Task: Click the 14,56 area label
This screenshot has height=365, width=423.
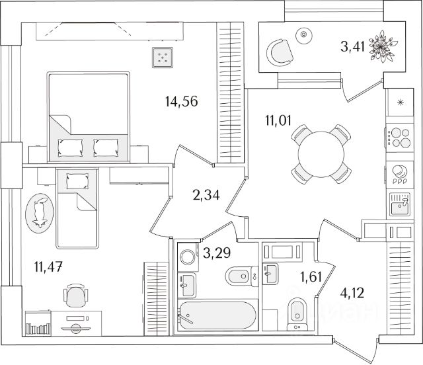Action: coord(181,102)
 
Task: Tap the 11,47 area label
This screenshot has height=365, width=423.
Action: coord(48,266)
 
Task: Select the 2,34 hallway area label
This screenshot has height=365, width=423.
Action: coord(206,194)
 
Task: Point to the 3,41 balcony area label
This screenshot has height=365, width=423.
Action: coord(352,46)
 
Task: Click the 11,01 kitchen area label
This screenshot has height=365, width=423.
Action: coord(278,120)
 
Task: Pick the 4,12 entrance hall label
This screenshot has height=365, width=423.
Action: coord(352,293)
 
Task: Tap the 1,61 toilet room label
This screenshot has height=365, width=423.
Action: coord(311,276)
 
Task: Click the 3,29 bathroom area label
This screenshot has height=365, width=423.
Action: coord(217,253)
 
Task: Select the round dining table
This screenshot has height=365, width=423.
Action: coord(321,154)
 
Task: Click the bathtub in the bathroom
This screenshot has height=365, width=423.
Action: coord(217,315)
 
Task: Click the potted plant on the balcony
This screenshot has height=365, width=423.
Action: coord(383,46)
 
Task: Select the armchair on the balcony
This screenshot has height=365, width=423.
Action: coord(280,53)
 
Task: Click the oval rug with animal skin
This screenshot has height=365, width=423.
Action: coord(40,213)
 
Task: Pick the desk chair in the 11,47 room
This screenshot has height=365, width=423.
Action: coord(75,296)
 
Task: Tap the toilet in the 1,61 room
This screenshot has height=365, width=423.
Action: coord(297,313)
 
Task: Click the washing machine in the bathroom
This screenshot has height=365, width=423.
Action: coord(188,257)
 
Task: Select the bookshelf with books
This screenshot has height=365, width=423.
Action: coord(38,323)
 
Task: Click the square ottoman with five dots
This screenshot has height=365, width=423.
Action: coord(163,58)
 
